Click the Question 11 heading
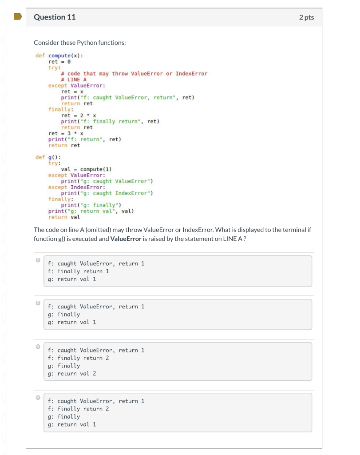[55, 17]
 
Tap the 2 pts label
[306, 17]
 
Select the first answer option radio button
[38, 260]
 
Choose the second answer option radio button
[38, 303]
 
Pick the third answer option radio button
[38, 347]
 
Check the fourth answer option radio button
[38, 397]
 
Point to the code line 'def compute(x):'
[59, 56]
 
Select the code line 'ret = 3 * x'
[66, 133]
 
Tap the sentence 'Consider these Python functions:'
[80, 43]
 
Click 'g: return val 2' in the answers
[72, 374]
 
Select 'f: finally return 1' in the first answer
[78, 271]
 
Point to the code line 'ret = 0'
[60, 62]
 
